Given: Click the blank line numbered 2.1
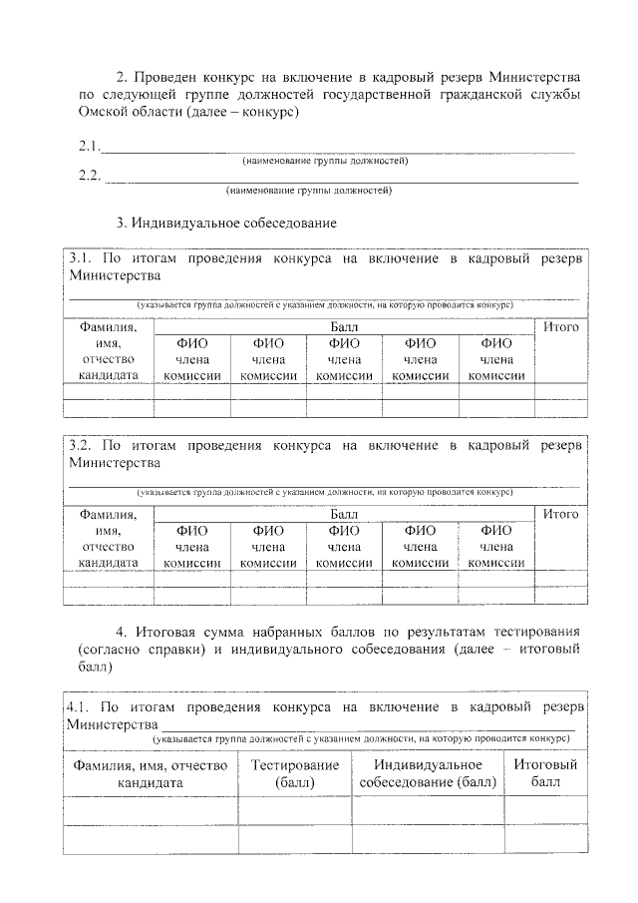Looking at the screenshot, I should [339, 151].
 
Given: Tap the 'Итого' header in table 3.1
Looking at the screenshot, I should [560, 326].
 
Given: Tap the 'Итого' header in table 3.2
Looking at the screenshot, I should [560, 514].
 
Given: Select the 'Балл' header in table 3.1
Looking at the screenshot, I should [345, 326].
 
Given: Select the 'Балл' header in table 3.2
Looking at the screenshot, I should [345, 514].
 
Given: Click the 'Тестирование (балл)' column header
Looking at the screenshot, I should [295, 774].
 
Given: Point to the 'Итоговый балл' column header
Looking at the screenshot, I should [545, 774].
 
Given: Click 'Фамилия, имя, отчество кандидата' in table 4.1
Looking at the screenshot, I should [150, 774].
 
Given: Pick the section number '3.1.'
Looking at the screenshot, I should [82, 258].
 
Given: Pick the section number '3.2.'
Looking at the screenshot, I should [82, 446].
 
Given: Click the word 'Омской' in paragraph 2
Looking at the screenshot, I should [103, 113].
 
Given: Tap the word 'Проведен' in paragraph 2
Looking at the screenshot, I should [175, 77].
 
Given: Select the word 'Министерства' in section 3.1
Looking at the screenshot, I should [114, 275].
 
